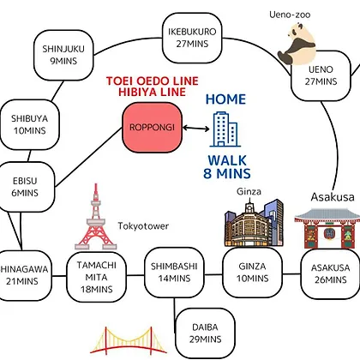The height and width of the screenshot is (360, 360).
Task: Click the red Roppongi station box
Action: point(153,128)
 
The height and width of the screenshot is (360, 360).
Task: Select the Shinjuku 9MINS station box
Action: point(63,55)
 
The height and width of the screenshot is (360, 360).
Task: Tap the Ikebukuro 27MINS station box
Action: point(192,38)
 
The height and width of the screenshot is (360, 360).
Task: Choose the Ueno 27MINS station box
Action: point(321,75)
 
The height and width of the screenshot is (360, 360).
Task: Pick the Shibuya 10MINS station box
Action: point(29,124)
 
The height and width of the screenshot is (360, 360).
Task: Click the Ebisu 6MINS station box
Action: point(25,187)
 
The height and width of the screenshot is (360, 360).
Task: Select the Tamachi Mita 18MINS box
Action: point(97,277)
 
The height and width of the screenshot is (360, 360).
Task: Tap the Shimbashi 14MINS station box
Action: point(174,273)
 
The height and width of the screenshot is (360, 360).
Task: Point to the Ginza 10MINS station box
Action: point(253,273)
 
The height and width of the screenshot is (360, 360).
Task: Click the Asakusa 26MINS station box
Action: point(331,273)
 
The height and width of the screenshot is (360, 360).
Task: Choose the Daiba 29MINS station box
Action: point(205,333)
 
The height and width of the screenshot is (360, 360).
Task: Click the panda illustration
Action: point(297,44)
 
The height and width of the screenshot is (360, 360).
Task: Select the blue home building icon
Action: point(225,129)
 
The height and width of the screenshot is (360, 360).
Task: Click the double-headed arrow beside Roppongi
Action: point(196,128)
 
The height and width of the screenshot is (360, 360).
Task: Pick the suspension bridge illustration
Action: point(129,340)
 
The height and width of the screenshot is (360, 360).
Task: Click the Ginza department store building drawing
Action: point(254,223)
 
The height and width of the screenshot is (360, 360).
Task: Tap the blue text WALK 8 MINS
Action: point(227,167)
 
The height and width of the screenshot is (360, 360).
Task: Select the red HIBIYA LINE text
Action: point(153,92)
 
